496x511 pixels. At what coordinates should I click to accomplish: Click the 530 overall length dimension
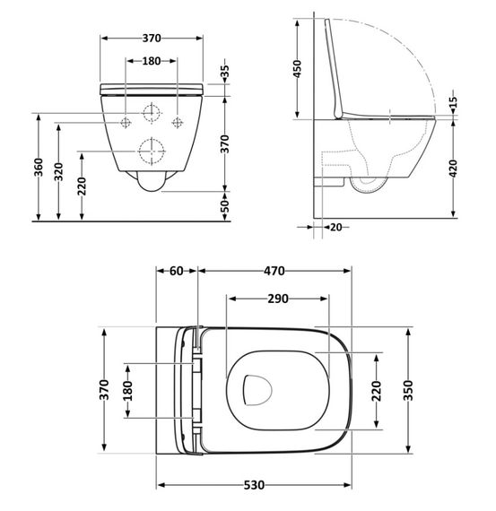click(x=254, y=485)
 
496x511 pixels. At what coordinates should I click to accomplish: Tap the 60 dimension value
click(x=175, y=271)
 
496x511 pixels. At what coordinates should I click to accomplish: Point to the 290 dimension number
click(x=278, y=299)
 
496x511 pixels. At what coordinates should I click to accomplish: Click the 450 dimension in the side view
click(x=300, y=69)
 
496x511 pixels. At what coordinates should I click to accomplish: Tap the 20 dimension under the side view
click(x=335, y=227)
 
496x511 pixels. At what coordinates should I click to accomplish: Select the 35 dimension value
click(x=225, y=71)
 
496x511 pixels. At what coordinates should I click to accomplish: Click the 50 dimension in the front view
click(x=225, y=205)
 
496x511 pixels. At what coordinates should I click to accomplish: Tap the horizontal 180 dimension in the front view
click(x=152, y=61)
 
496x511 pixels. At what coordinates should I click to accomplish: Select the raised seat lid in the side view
click(x=338, y=67)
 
